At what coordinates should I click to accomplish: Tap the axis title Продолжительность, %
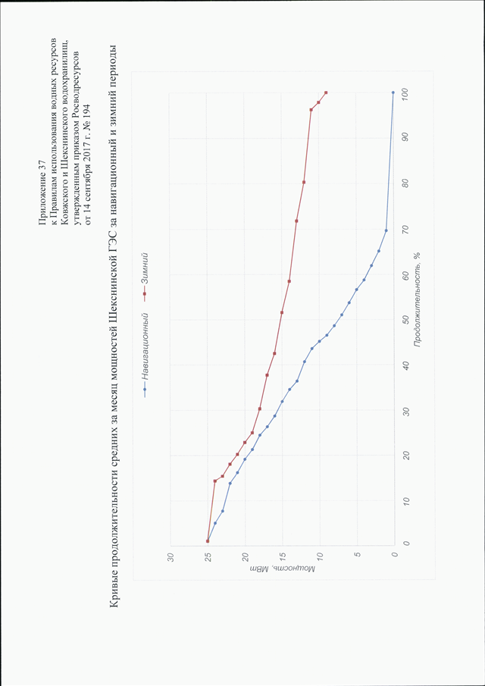pos(416,306)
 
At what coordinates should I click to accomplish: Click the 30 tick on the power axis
pos(171,557)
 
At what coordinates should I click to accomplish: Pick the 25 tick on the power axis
pos(208,557)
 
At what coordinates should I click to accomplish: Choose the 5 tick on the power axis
pos(357,557)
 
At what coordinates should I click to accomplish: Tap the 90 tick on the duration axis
pos(407,138)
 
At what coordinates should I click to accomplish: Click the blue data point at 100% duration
pos(393,92)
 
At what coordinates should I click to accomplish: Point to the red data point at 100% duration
pos(326,92)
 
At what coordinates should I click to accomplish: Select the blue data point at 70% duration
pos(386,230)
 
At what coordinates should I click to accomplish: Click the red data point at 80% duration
pos(304,182)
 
